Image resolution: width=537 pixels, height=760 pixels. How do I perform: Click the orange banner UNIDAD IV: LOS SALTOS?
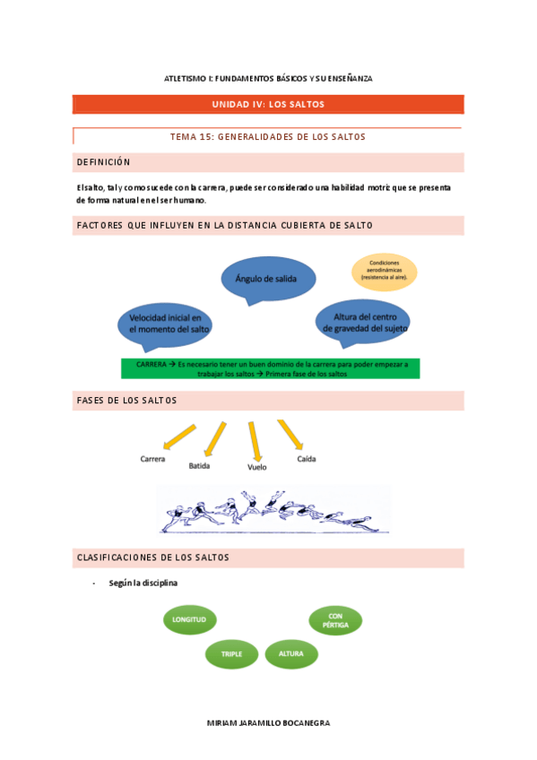268,105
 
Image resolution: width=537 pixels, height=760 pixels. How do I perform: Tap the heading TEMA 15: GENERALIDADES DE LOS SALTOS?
268,137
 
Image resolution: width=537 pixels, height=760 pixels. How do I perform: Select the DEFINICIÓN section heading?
104,162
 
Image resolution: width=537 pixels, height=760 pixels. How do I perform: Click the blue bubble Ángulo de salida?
269,279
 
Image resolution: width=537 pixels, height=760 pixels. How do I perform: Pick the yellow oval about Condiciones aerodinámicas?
384,271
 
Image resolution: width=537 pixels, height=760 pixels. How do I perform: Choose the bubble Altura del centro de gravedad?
363,322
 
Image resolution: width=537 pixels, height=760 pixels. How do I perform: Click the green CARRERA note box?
271,368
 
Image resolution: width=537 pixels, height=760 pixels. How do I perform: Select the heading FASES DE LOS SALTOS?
127,400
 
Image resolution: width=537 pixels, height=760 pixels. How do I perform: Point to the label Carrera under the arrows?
152,459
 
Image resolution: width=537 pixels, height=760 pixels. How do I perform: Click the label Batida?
200,466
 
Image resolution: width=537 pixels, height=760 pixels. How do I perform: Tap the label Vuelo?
256,467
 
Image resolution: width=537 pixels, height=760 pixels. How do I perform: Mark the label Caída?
307,459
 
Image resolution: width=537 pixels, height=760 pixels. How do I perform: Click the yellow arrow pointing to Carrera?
179,436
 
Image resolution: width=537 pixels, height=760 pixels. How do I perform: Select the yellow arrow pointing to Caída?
290,436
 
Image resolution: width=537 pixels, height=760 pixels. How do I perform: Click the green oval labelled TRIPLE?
231,654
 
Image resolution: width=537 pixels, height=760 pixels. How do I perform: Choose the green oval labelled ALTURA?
291,653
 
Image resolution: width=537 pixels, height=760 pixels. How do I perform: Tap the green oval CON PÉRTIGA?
335,619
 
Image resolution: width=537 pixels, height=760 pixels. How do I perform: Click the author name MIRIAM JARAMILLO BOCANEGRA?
268,722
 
